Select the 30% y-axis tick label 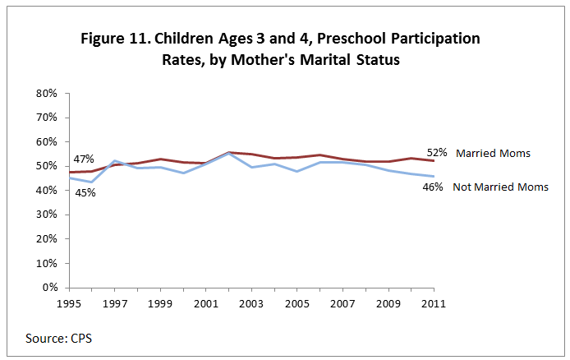[x=45, y=215]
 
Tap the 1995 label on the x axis [x=69, y=302]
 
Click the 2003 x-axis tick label [x=251, y=302]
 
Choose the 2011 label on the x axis [x=434, y=302]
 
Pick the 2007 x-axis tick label [x=342, y=302]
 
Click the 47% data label [x=84, y=159]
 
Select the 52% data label [x=435, y=152]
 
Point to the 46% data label [x=434, y=187]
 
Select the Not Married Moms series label [x=500, y=187]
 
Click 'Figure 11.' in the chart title [x=115, y=39]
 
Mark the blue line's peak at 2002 [x=228, y=154]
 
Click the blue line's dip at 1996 [x=92, y=182]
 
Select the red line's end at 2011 [x=434, y=161]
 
